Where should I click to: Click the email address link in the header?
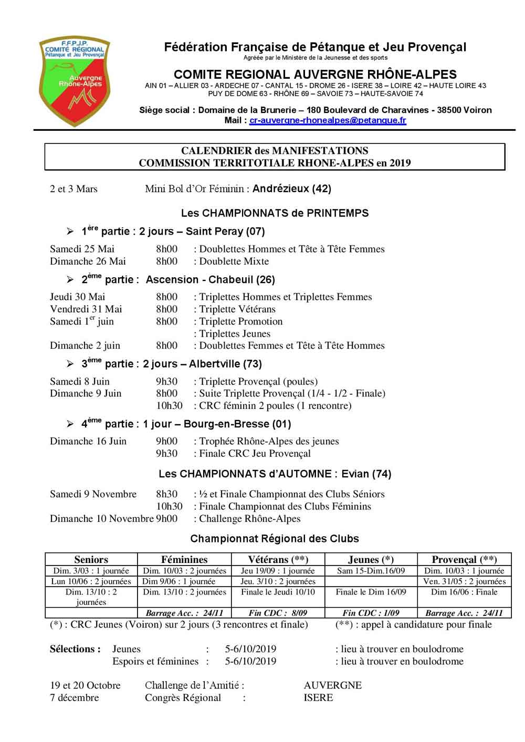pyautogui.click(x=328, y=120)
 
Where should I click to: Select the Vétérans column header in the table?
pyautogui.click(x=278, y=559)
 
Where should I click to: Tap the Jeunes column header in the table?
pyautogui.click(x=371, y=559)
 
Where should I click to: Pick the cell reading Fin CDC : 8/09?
pyautogui.click(x=278, y=613)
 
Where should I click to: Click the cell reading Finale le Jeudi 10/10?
pyautogui.click(x=278, y=592)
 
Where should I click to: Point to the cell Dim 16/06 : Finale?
pyautogui.click(x=464, y=592)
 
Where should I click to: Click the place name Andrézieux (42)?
pyautogui.click(x=292, y=189)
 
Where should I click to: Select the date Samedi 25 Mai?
pyautogui.click(x=82, y=249)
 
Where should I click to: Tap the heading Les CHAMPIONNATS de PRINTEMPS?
pyautogui.click(x=275, y=213)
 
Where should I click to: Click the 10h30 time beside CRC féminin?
pyautogui.click(x=169, y=405)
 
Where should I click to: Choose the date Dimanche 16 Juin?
pyautogui.click(x=88, y=441)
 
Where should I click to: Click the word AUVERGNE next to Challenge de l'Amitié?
pyautogui.click(x=332, y=685)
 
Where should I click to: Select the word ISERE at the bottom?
pyautogui.click(x=318, y=698)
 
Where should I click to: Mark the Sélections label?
pyautogui.click(x=75, y=649)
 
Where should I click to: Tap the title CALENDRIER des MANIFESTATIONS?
pyautogui.click(x=275, y=151)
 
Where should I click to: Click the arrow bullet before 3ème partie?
pyautogui.click(x=70, y=364)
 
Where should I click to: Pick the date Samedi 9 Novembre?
pyautogui.click(x=93, y=494)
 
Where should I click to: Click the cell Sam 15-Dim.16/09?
pyautogui.click(x=371, y=571)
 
